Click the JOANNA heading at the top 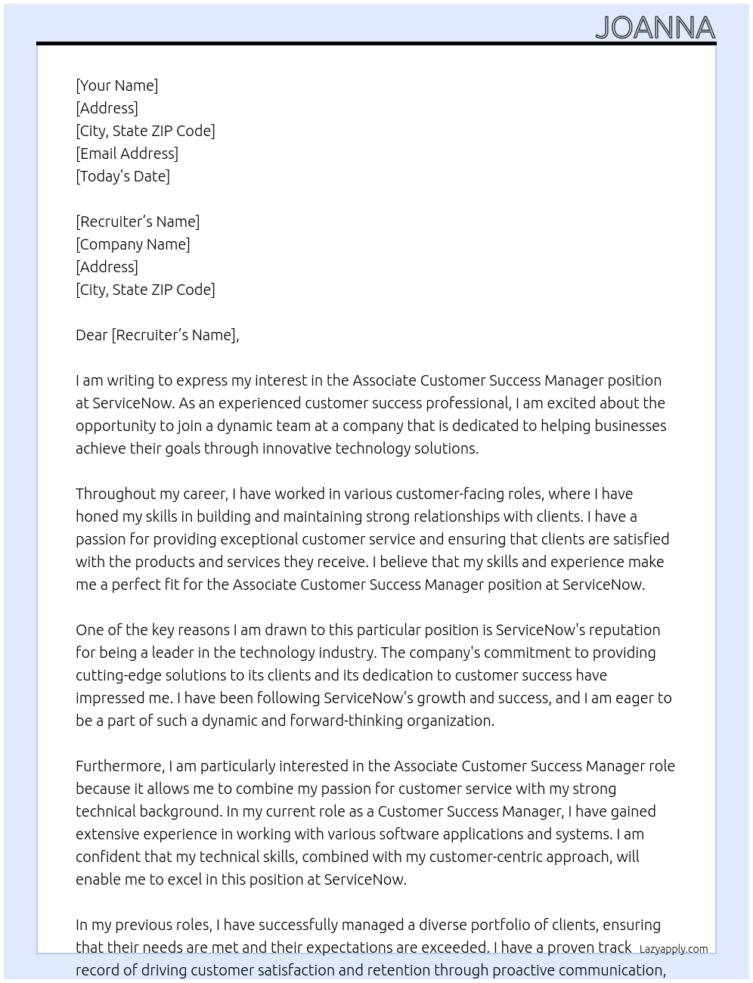pos(655,28)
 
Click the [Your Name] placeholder pos(116,85)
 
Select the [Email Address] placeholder pos(127,153)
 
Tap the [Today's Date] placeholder pos(122,176)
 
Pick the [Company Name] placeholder pos(132,244)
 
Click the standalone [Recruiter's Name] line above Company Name pos(138,222)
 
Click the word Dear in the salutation pos(91,335)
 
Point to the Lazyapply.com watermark pos(674,949)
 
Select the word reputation pos(624,630)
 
